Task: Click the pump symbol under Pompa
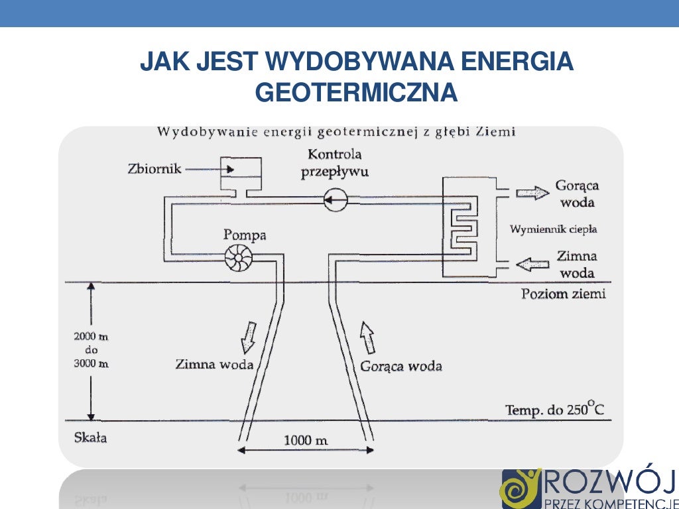tap(236, 258)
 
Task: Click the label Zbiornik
tap(154, 168)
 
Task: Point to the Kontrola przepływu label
tap(335, 163)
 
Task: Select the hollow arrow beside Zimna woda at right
tap(533, 264)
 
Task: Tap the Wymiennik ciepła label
tap(553, 229)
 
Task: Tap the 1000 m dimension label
tap(306, 440)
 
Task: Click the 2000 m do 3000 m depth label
tap(91, 350)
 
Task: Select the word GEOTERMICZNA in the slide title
tap(356, 93)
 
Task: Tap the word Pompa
tap(245, 235)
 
